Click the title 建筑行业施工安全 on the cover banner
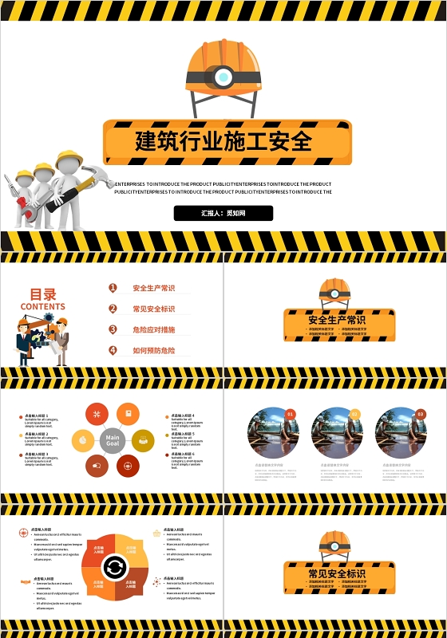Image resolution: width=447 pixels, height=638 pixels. [x=223, y=141]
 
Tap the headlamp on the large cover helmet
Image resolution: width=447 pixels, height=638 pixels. [x=223, y=77]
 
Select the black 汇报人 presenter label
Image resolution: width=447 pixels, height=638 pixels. [x=223, y=213]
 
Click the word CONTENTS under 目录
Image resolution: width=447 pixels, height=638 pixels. [x=43, y=306]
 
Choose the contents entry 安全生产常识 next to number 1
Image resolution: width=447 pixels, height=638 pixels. [x=153, y=288]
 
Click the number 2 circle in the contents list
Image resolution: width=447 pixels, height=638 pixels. [x=113, y=309]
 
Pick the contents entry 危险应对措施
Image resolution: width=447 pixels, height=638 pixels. [x=153, y=329]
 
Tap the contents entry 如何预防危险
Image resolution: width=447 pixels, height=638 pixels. [x=153, y=350]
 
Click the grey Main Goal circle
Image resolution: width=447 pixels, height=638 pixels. [x=113, y=440]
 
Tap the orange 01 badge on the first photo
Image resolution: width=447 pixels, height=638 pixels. [x=291, y=414]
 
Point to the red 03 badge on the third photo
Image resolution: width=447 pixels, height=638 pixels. [x=420, y=414]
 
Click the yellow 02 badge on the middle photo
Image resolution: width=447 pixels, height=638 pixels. [x=355, y=414]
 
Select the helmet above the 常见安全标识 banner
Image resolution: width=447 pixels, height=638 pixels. [x=335, y=544]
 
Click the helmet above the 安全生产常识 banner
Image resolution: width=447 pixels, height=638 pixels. [x=335, y=291]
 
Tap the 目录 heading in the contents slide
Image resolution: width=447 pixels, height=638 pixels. [x=43, y=294]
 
